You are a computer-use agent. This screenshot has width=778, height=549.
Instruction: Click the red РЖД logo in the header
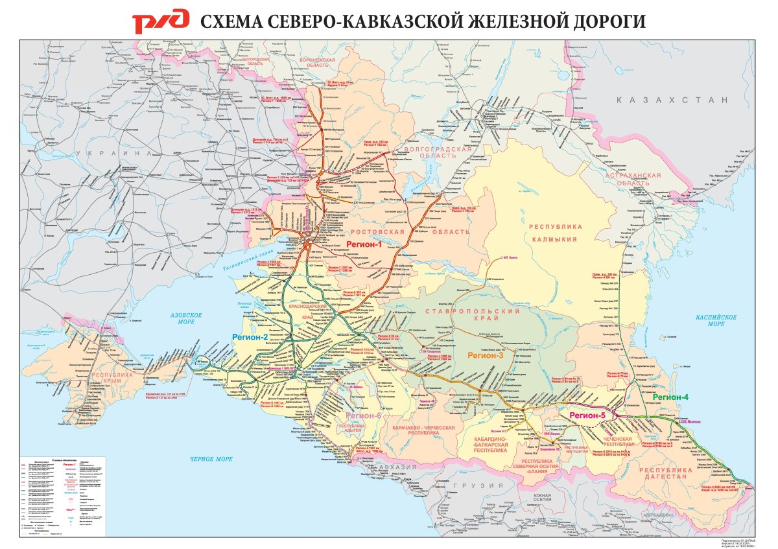[x=161, y=21]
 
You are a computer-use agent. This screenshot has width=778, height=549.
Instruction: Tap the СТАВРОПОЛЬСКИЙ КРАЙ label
[x=462, y=314]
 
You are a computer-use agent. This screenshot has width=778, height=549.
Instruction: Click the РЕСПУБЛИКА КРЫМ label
[x=112, y=379]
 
